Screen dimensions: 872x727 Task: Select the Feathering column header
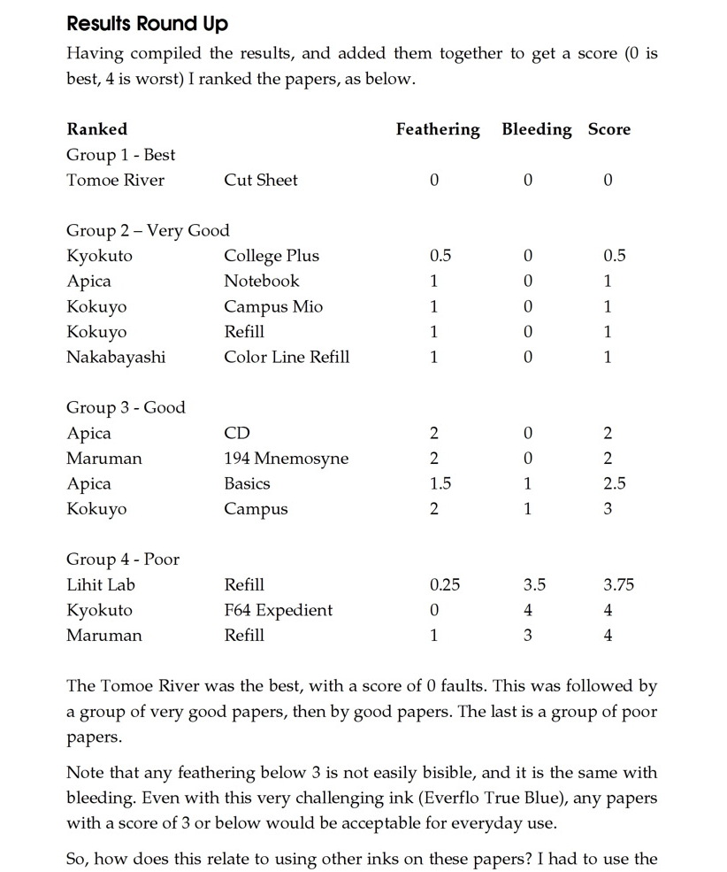[x=437, y=129]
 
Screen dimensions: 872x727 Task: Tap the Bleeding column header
[x=536, y=129]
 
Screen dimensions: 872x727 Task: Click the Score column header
[x=608, y=129]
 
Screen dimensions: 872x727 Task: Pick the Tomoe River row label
[x=115, y=181]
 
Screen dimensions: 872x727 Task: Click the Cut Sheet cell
[x=260, y=181]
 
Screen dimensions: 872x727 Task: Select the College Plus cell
[x=271, y=256]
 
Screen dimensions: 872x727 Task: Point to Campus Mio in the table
[x=272, y=307]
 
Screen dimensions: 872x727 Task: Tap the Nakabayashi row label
[x=116, y=358]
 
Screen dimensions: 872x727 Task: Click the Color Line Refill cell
[x=286, y=358]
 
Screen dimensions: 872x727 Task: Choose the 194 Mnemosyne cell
[x=286, y=459]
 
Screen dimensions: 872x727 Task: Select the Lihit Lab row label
[x=101, y=585]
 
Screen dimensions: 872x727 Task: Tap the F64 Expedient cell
[x=278, y=611]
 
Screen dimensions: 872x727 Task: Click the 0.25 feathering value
[x=444, y=585]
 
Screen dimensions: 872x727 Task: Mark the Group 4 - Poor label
[x=123, y=559]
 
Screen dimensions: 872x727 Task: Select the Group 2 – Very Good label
[x=148, y=231]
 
